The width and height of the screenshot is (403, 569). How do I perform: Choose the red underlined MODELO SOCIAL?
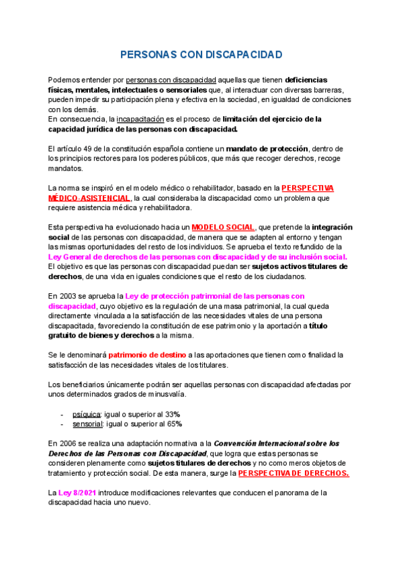(223, 227)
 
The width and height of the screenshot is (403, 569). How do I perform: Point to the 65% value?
(174, 424)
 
